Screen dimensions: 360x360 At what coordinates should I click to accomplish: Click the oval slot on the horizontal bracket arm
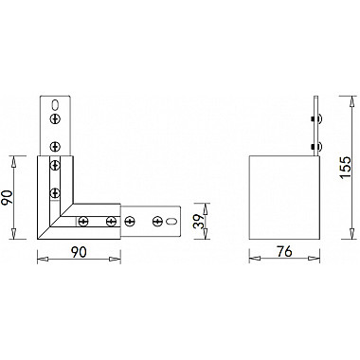(171, 222)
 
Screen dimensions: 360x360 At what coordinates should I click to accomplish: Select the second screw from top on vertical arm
(56, 145)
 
